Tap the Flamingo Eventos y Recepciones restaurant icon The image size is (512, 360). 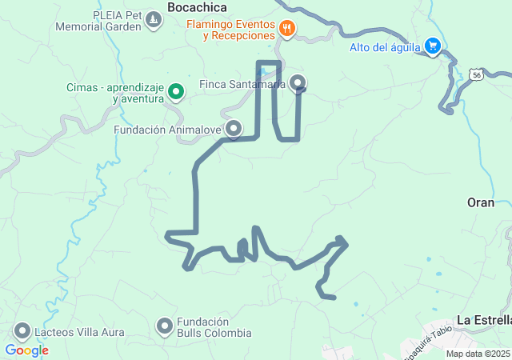287,30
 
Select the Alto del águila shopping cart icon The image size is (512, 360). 434,46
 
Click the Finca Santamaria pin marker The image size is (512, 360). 298,82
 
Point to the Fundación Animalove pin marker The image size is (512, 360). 234,128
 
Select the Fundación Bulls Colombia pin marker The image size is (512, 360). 165,326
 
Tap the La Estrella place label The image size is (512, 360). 483,320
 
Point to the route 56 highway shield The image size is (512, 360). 478,74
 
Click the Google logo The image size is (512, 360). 26,350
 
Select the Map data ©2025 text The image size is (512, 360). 478,354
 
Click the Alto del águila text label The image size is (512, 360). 384,46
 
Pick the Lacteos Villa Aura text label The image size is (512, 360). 75,334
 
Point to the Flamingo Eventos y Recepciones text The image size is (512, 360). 232,30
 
